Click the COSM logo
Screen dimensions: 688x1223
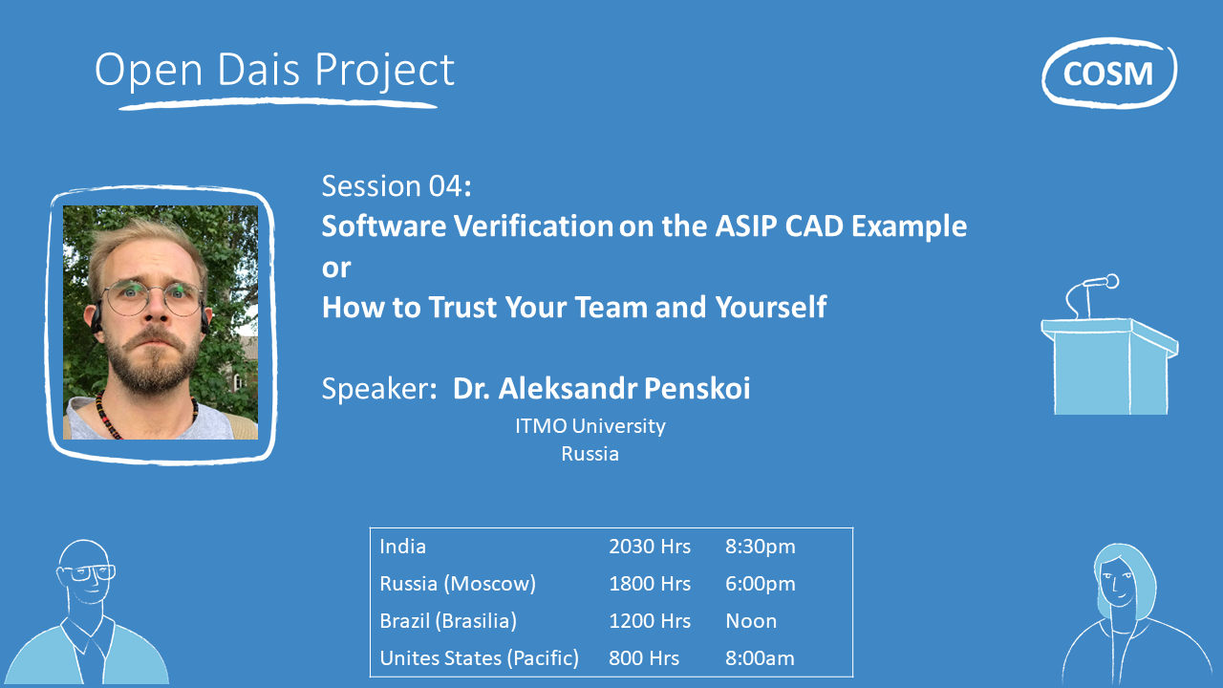pyautogui.click(x=1108, y=73)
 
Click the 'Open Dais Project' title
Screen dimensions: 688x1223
pyautogui.click(x=274, y=70)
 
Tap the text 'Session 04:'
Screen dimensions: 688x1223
pyautogui.click(x=397, y=185)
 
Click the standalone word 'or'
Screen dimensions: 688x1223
pyautogui.click(x=336, y=268)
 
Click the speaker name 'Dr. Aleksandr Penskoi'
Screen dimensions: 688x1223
pyautogui.click(x=601, y=389)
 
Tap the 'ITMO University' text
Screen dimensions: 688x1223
pyautogui.click(x=590, y=426)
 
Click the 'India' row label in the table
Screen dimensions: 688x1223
pyautogui.click(x=403, y=547)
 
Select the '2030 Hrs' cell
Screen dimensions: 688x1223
pyautogui.click(x=650, y=547)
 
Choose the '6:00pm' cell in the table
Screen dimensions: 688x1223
pyautogui.click(x=760, y=584)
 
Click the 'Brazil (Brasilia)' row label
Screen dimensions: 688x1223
pyautogui.click(x=448, y=621)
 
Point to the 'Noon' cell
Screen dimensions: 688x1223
pyautogui.click(x=751, y=621)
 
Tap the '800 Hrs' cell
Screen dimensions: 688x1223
pyautogui.click(x=644, y=658)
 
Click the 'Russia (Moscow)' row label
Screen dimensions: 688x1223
pyautogui.click(x=458, y=584)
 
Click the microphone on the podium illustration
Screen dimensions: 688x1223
pyautogui.click(x=1100, y=283)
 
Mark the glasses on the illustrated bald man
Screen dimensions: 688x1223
pyautogui.click(x=89, y=573)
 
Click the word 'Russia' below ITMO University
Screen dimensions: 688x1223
pyautogui.click(x=590, y=454)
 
